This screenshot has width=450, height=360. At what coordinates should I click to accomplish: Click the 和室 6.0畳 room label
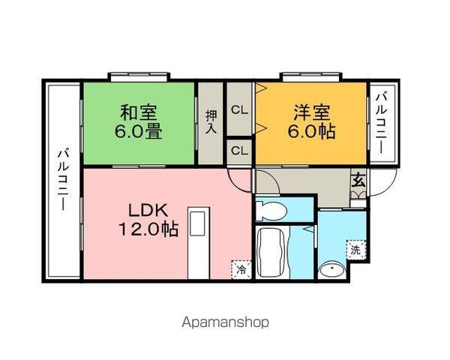pos(139,121)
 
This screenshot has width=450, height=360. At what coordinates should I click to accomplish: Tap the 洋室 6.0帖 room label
pos(312,121)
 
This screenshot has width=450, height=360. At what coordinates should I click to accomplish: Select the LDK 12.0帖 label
pos(148,220)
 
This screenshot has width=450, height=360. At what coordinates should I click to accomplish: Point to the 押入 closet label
pos(211,121)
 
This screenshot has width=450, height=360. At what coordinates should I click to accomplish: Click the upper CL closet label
pos(240,110)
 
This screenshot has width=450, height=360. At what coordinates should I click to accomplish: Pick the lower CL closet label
pos(240,151)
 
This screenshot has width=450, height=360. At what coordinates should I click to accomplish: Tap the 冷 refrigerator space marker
pos(241,269)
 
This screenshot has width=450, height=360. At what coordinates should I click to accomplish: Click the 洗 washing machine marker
pos(355,250)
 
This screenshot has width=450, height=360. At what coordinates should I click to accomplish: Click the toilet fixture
pos(271,211)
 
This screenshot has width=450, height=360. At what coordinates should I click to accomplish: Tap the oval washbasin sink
pos(332,269)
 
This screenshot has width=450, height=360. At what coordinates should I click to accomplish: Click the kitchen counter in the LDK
pos(198,242)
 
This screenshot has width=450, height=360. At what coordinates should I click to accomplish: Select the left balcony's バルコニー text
pos(64,180)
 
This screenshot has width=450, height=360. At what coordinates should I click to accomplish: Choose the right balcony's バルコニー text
pos(382,122)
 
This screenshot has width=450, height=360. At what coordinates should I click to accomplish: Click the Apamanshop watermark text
pos(226,322)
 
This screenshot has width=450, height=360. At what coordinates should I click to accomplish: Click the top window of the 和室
pos(139,76)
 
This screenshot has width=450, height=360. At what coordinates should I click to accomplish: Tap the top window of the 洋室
pos(311,76)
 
